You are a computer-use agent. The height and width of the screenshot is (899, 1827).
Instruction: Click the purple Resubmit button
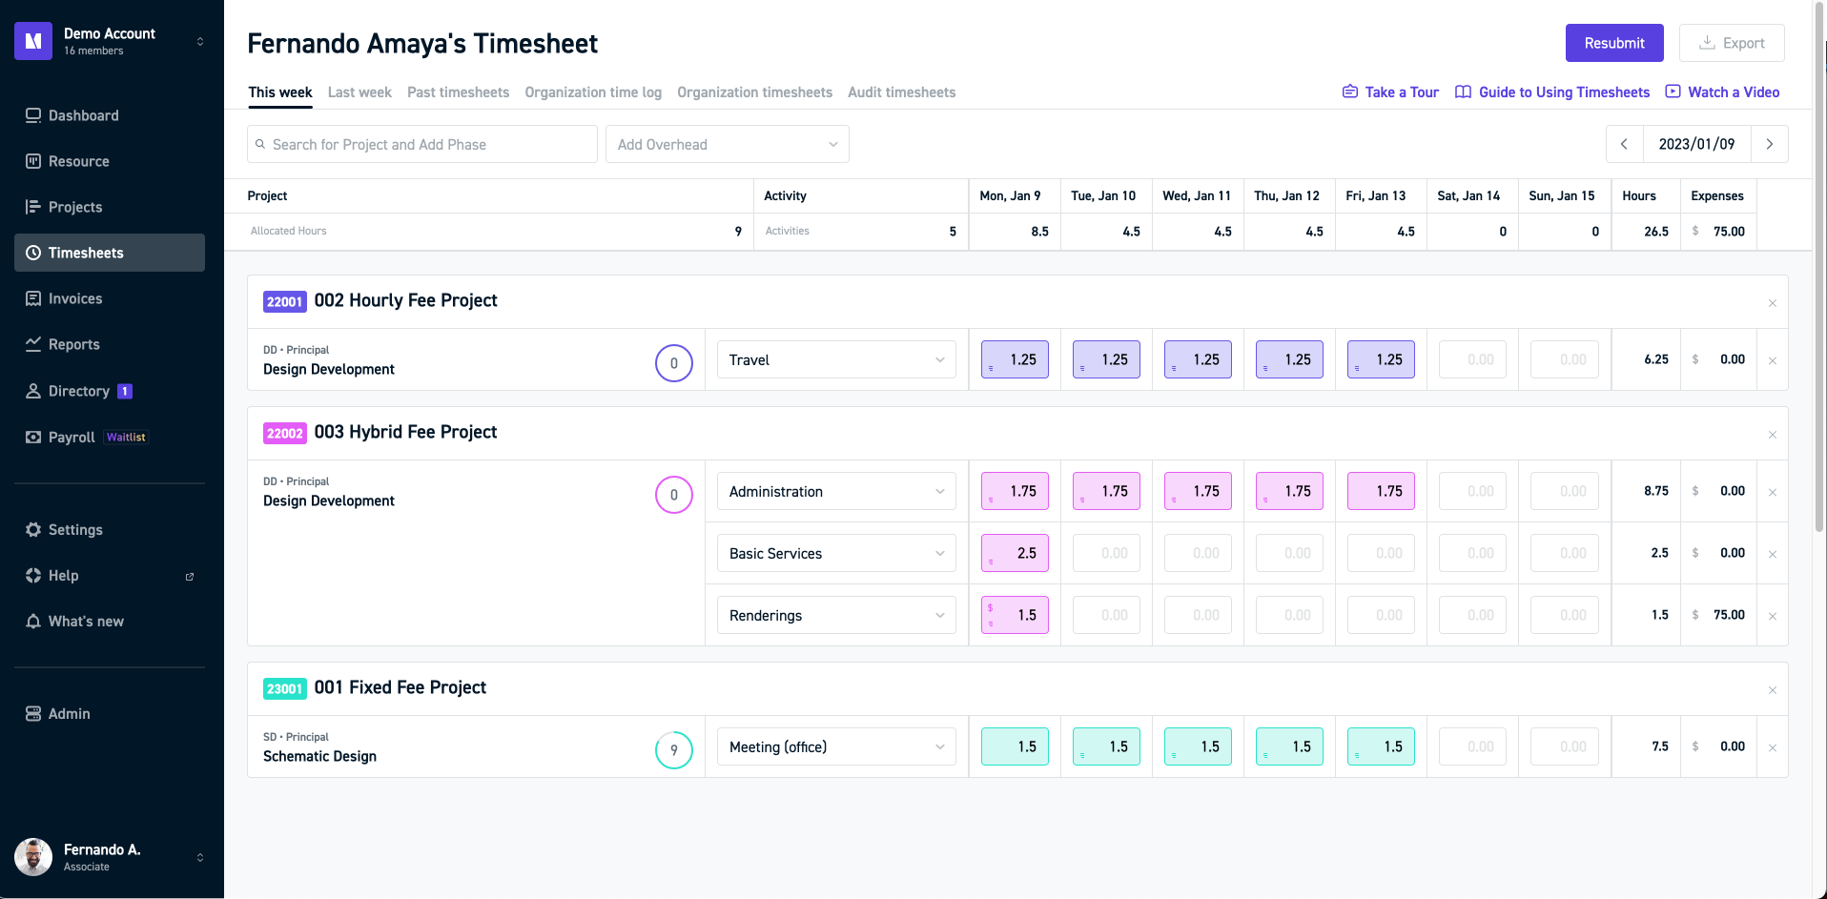click(x=1613, y=43)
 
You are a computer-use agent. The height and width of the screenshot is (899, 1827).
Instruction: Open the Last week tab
click(x=359, y=92)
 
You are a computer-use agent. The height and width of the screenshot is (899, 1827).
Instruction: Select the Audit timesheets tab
click(x=901, y=92)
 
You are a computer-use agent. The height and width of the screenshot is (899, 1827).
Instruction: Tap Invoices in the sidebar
click(x=75, y=298)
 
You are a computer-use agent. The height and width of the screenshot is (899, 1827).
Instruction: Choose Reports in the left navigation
click(x=73, y=344)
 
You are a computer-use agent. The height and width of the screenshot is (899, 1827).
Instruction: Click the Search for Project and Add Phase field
click(x=422, y=144)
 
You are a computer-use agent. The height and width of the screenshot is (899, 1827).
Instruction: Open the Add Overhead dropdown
click(x=727, y=144)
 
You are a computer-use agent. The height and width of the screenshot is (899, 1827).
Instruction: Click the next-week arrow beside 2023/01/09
click(x=1769, y=144)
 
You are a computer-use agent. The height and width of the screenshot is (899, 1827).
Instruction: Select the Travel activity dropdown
click(x=835, y=359)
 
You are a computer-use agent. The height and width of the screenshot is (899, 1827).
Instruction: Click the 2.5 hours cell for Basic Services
click(x=1015, y=553)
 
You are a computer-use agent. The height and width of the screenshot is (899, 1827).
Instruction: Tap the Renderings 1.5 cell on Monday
click(x=1015, y=615)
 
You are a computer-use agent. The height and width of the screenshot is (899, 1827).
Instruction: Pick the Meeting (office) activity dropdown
click(x=835, y=746)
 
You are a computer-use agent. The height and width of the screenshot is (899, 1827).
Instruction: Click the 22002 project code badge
click(x=284, y=433)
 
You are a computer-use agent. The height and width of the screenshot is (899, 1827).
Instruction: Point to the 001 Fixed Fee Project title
click(x=400, y=687)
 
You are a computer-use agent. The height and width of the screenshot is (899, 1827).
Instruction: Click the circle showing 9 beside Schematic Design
click(x=673, y=749)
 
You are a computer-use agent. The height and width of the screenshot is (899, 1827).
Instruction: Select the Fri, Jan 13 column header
click(x=1375, y=195)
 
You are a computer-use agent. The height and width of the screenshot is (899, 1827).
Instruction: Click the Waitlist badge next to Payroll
click(x=126, y=438)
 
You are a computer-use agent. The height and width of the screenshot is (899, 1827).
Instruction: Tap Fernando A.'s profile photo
click(x=33, y=857)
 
